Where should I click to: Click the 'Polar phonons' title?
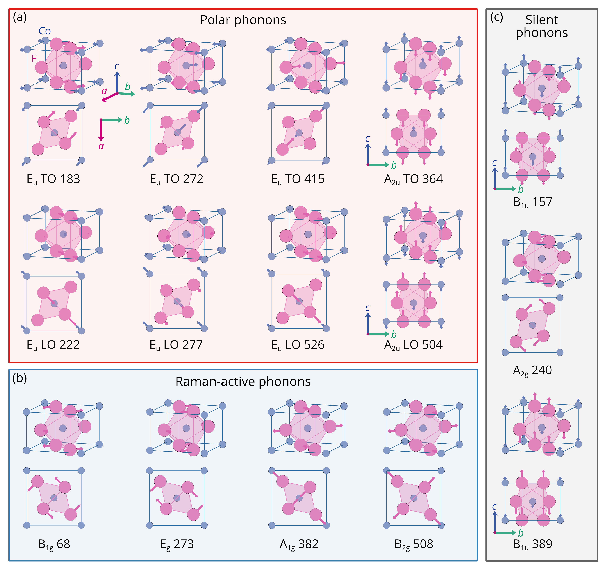tap(243, 20)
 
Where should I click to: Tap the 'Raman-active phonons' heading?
tap(243, 382)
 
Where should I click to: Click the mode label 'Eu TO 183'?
tap(53, 179)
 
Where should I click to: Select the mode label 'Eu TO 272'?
tap(177, 179)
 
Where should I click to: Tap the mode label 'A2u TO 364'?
tap(413, 179)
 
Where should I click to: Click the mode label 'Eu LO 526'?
tap(298, 345)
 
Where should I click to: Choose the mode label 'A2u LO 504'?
tap(413, 345)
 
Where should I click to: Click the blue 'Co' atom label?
tap(45, 31)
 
